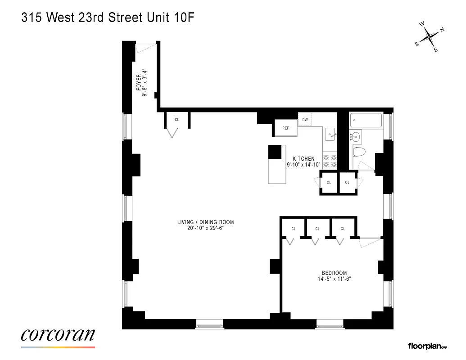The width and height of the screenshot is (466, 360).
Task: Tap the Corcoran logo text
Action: coord(58,335)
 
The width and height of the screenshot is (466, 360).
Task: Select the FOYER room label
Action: coord(139,82)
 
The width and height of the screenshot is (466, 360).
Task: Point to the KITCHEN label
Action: coord(303,159)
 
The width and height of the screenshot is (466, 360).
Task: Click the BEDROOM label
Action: coord(334,273)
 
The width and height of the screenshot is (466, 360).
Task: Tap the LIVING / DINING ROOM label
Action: coord(205,222)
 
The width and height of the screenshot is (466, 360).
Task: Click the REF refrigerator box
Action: coord(286,128)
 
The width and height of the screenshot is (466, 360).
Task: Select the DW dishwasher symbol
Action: coord(305,120)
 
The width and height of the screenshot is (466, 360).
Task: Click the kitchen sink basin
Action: coord(330,134)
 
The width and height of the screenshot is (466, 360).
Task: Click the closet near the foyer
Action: coord(177,120)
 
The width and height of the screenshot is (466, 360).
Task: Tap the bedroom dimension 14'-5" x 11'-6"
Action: coord(334,279)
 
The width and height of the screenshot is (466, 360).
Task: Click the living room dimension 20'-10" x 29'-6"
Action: coord(205,228)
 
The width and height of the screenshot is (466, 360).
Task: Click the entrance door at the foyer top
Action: coord(145,43)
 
